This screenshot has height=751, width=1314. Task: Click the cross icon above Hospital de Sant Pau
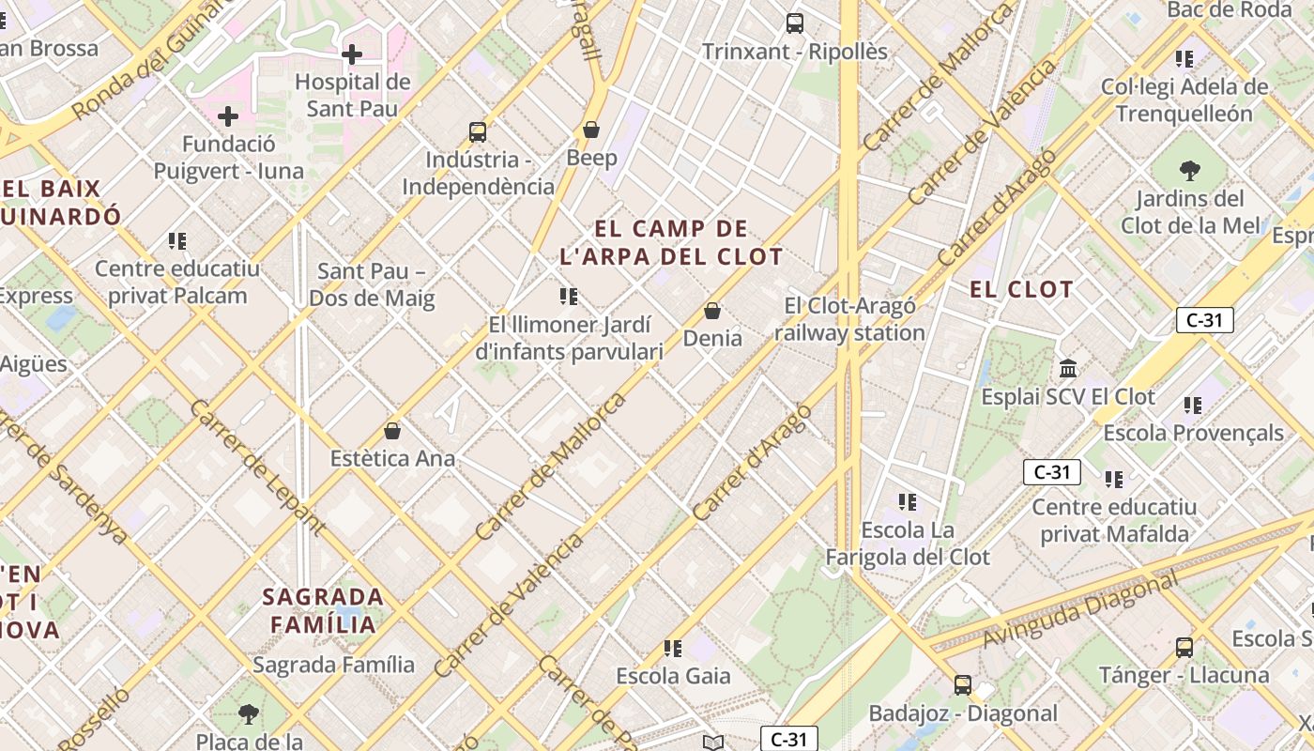352,54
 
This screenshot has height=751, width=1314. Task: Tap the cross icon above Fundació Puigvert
228,117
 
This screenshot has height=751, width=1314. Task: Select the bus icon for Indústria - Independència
478,132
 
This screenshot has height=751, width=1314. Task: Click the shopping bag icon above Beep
591,130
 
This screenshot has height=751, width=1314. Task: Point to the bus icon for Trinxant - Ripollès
795,23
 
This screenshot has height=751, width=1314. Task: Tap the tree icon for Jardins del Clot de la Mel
1189,171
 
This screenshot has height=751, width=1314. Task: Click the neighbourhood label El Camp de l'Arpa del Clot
671,242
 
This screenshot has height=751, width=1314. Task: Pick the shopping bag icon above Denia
712,311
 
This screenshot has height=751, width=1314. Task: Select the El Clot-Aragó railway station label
850,319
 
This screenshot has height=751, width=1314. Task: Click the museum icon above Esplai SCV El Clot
1068,368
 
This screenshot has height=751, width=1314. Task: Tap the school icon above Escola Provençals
1193,406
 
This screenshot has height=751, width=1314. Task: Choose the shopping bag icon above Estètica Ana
392,431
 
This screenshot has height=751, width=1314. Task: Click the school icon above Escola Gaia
673,648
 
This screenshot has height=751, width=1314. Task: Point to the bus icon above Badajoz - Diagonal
963,685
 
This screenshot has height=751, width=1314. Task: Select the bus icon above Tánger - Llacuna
1184,647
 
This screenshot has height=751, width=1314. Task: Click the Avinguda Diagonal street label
1079,611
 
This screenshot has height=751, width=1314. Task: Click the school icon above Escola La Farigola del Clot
907,502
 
